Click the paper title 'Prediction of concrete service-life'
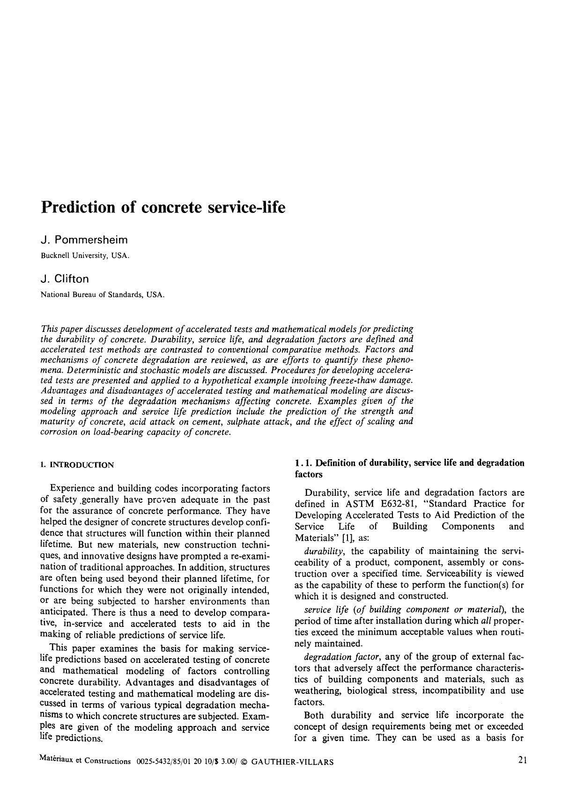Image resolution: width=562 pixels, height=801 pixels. pyautogui.click(x=163, y=207)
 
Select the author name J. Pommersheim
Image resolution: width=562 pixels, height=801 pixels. pyautogui.click(x=84, y=240)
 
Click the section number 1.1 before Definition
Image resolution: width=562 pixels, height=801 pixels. pyautogui.click(x=303, y=463)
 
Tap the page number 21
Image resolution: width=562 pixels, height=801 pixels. pyautogui.click(x=523, y=760)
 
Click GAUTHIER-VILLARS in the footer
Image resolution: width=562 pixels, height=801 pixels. pyautogui.click(x=293, y=762)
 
